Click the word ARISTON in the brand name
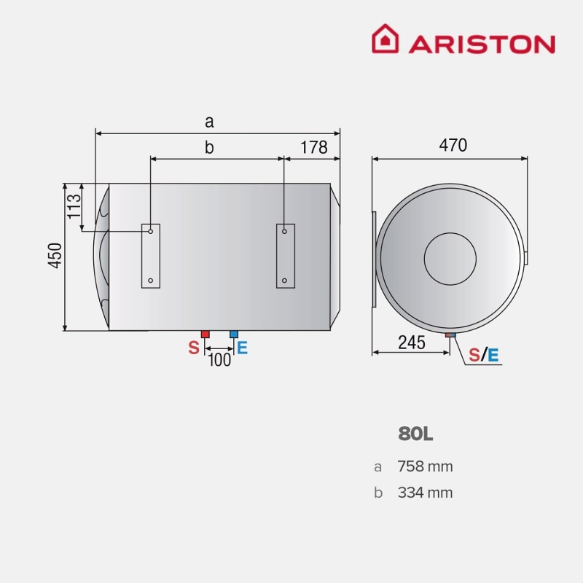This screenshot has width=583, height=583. [x=482, y=44]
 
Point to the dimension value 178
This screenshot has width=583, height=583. [x=314, y=147]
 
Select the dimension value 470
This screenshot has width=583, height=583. [x=453, y=145]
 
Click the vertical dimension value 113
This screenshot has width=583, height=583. [x=74, y=207]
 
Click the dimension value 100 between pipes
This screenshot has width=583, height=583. [x=219, y=359]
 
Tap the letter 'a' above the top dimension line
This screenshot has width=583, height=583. [x=210, y=121]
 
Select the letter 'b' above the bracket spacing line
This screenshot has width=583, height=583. [x=209, y=147]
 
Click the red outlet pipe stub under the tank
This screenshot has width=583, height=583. [x=205, y=334]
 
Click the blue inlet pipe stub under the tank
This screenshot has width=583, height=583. [x=234, y=334]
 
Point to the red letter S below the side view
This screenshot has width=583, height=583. [x=194, y=348]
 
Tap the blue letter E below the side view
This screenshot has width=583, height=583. [x=243, y=348]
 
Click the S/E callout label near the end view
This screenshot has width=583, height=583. [x=484, y=355]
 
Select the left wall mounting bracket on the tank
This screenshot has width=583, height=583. [x=151, y=256]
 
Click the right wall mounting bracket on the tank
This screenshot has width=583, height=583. [x=286, y=256]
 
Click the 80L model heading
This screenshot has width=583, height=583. [x=415, y=434]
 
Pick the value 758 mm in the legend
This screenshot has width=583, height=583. [x=425, y=466]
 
